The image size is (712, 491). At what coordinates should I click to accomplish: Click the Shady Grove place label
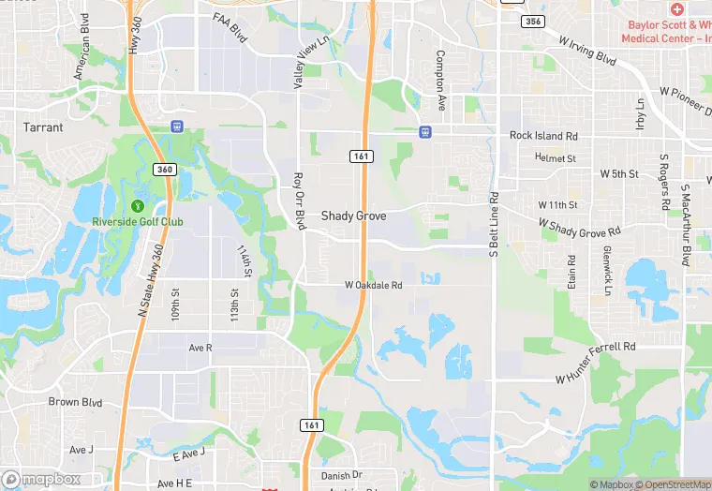353,216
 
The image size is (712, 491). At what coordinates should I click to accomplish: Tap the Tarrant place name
44,127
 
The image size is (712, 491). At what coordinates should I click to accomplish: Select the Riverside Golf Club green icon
137,206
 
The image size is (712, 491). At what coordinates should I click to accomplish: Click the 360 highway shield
164,170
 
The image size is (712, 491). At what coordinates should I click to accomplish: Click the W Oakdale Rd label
373,285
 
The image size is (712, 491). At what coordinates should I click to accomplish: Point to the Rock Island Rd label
537,136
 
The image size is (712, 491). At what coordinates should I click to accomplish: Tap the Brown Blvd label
75,402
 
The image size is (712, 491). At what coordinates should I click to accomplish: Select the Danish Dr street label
341,476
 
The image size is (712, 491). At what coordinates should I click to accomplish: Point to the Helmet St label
556,158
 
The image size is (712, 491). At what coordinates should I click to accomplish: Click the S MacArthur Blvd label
687,234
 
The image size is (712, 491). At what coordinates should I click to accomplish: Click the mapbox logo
41,479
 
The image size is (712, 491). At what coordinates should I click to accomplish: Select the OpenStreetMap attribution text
672,484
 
